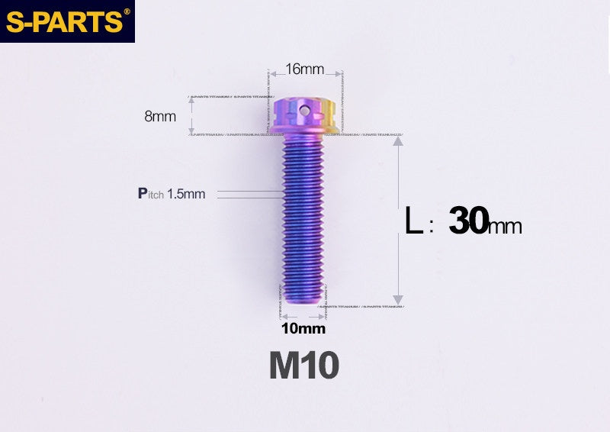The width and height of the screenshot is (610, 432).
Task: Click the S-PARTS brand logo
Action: click(64, 21)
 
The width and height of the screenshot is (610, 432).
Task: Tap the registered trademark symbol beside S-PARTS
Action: click(127, 11)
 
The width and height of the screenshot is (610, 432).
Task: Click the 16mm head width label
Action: click(304, 69)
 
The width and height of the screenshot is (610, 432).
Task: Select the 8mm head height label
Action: click(160, 117)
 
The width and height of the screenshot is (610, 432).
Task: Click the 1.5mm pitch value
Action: click(186, 194)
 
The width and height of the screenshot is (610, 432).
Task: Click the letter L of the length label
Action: click(413, 223)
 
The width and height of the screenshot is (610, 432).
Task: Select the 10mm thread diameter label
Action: click(303, 329)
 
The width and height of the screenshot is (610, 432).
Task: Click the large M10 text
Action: click(303, 366)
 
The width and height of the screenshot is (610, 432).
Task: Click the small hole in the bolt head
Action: click(305, 111)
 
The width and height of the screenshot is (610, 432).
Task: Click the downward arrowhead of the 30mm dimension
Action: click(397, 300)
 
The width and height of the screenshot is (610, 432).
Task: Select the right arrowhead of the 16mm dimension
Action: click(335, 75)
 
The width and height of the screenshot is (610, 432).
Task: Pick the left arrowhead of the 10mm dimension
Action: click(282, 316)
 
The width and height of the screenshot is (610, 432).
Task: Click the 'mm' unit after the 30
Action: click(504, 226)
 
